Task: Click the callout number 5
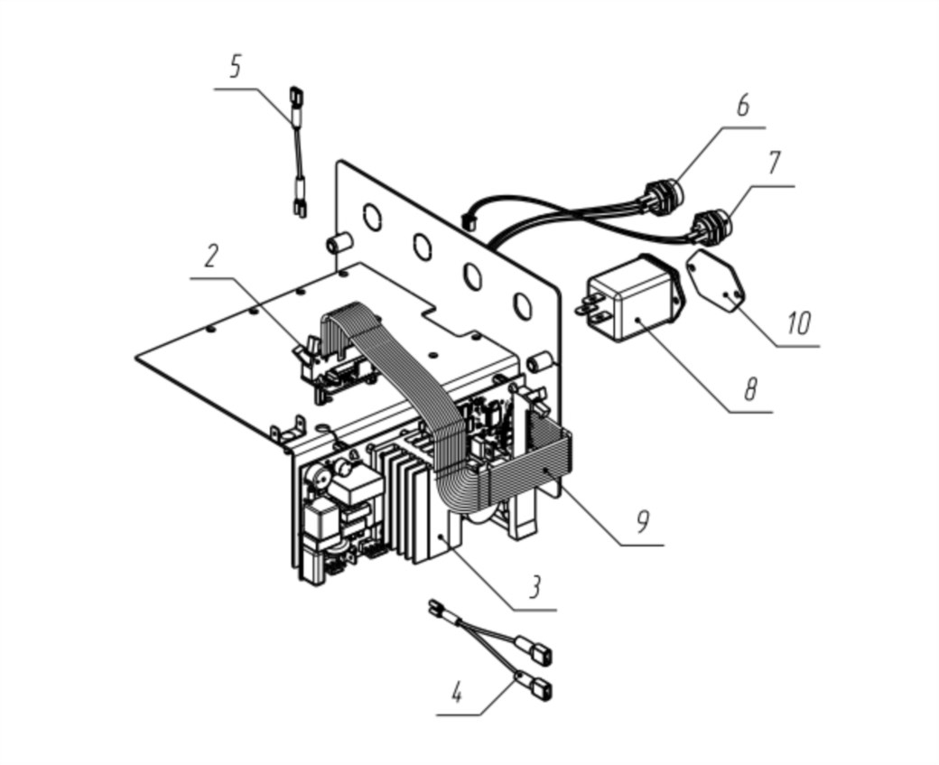pos(236,67)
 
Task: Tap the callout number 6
pos(742,105)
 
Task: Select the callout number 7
pos(774,163)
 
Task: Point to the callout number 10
pos(799,323)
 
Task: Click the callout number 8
pos(750,388)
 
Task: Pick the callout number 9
pos(643,522)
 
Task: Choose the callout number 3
pos(535,587)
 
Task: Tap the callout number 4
pos(457,693)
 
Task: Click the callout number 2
pos(209,256)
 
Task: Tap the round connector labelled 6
pos(663,193)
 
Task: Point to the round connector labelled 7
pos(712,227)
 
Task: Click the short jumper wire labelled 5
pos(298,152)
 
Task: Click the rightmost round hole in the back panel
pos(522,305)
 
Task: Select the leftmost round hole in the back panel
pos(371,216)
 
